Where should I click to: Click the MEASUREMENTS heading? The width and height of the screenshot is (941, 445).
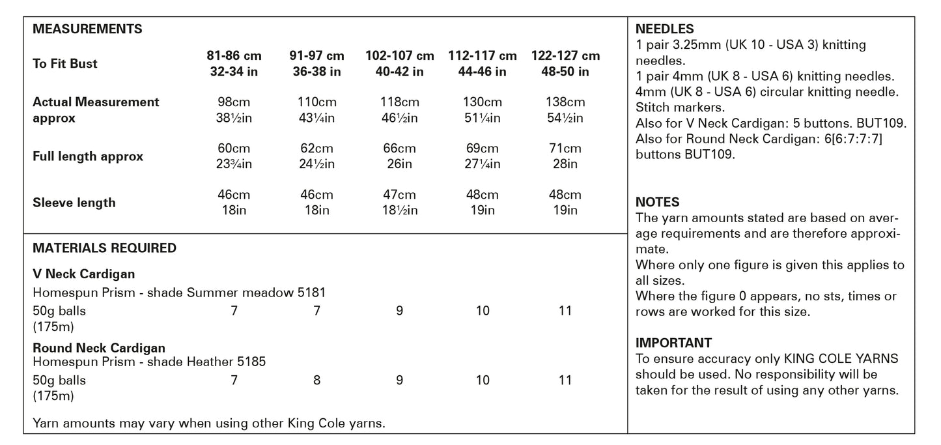(x=87, y=29)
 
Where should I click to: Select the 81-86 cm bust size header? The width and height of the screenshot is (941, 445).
(x=234, y=64)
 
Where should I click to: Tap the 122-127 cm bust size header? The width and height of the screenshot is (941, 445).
(x=565, y=64)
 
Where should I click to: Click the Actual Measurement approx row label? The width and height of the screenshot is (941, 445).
(x=96, y=110)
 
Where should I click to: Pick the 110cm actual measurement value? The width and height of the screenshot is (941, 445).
(x=316, y=102)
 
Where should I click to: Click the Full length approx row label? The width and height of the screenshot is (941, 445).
(x=88, y=156)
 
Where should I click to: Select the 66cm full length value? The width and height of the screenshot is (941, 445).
(x=399, y=149)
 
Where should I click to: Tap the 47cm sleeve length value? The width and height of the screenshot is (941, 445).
(x=399, y=195)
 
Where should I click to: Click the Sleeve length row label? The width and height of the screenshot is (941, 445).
(x=74, y=203)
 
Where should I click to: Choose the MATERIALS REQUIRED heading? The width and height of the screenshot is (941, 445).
(x=104, y=248)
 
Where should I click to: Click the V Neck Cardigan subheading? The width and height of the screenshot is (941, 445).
(x=84, y=274)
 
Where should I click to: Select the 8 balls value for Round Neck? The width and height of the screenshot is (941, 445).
(x=316, y=380)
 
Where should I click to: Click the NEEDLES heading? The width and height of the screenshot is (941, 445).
(x=664, y=29)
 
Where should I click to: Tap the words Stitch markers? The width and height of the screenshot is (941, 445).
(x=680, y=107)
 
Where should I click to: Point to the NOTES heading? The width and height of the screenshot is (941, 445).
(x=657, y=202)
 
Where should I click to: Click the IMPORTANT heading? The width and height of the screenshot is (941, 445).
(x=673, y=343)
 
